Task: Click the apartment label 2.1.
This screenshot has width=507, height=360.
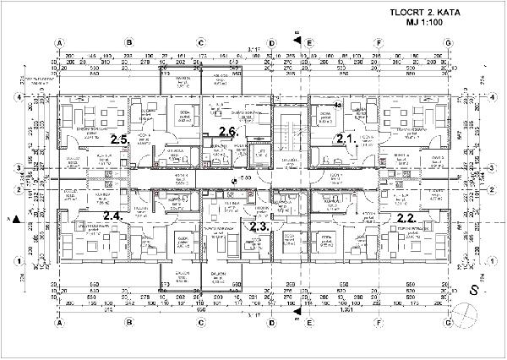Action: (x=343, y=138)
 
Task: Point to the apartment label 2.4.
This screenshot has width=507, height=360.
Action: (x=112, y=216)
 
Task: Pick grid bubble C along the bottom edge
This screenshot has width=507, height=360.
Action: (x=201, y=323)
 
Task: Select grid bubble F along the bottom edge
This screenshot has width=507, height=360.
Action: (x=380, y=323)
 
